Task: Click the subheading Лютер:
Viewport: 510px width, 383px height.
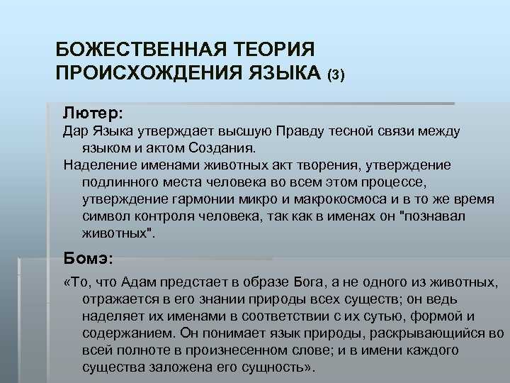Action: (x=93, y=112)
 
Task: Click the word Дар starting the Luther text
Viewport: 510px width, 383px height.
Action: (x=74, y=131)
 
